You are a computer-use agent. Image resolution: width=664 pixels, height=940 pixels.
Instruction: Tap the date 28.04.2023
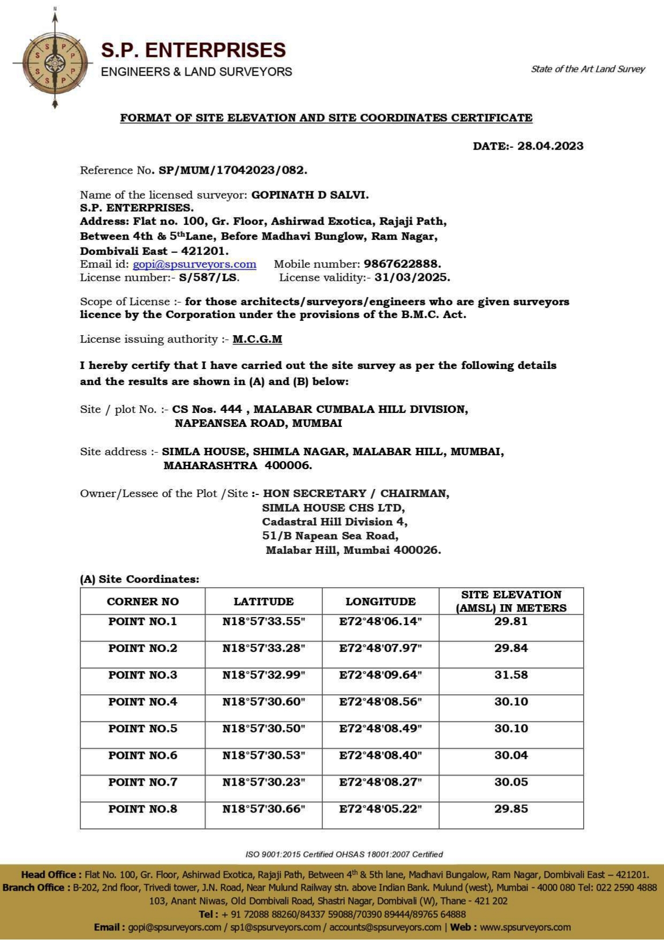tap(550, 146)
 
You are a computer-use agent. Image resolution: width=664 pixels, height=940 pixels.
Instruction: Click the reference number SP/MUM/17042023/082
tap(233, 170)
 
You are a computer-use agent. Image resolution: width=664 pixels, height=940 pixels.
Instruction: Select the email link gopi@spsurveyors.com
tap(194, 264)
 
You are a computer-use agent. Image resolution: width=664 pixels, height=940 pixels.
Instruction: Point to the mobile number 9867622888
tap(402, 264)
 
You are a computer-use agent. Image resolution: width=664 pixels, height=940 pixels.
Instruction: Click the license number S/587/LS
tap(209, 277)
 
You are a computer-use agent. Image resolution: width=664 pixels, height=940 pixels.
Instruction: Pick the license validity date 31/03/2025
tap(412, 277)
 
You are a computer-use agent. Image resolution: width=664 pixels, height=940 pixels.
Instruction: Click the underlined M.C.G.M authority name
tap(257, 339)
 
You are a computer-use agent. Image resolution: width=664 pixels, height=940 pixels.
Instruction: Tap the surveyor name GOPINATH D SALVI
tap(310, 195)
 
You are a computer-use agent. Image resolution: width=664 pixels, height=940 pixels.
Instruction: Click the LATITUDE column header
tap(263, 601)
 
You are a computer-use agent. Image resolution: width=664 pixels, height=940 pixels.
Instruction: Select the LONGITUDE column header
tap(380, 601)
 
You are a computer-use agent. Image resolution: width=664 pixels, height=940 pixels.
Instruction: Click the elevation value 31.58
tap(511, 675)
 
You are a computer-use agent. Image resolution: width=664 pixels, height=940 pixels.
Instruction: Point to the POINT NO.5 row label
tap(142, 728)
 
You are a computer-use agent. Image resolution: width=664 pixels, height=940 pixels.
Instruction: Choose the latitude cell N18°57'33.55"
tap(263, 621)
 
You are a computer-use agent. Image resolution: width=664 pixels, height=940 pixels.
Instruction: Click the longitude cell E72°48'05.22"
tap(380, 809)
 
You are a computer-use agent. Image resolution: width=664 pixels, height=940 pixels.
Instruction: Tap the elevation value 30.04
tap(511, 755)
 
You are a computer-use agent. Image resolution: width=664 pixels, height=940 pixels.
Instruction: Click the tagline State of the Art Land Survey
tap(587, 69)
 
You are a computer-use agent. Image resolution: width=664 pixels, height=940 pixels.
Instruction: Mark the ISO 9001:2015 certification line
tap(344, 854)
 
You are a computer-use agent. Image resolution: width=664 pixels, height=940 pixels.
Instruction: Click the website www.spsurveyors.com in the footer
tap(525, 927)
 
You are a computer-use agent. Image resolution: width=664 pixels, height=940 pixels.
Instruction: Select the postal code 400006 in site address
tap(288, 465)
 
